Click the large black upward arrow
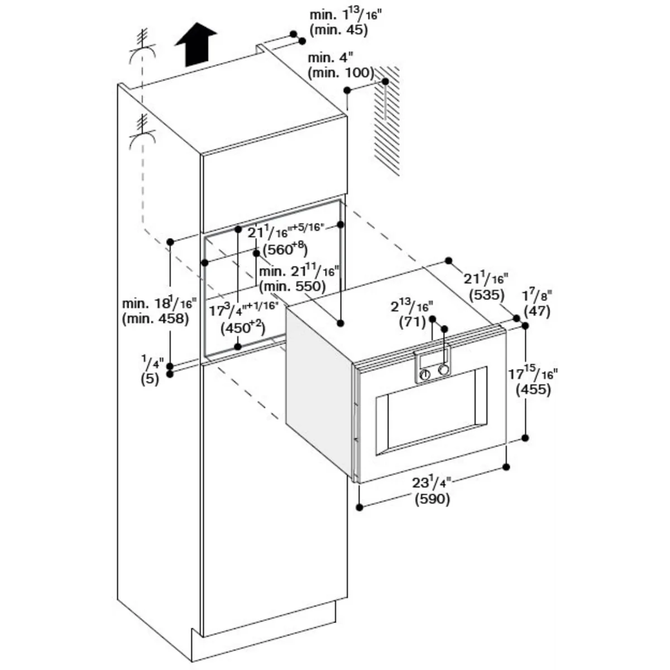(196, 45)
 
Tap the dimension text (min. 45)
(338, 30)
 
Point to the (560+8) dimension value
(285, 249)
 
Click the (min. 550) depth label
(293, 286)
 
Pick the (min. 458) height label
(155, 319)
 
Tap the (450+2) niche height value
(243, 328)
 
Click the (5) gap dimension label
(150, 379)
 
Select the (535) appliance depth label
(486, 294)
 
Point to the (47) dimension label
(537, 310)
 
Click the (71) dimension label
(413, 322)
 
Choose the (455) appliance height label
(533, 389)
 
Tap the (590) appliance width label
(432, 499)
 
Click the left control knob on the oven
(424, 375)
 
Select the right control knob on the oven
(443, 369)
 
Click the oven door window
(431, 410)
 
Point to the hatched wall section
(386, 120)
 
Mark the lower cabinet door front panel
(275, 497)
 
